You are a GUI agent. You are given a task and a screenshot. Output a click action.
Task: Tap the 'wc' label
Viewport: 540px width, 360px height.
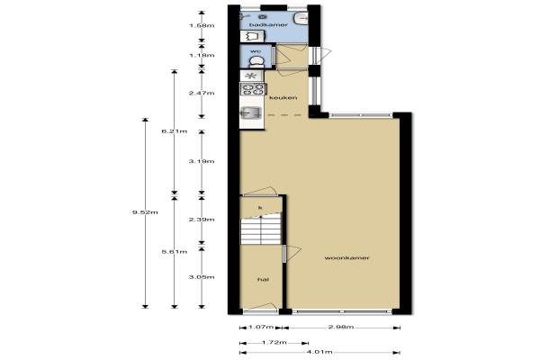coord(256,51)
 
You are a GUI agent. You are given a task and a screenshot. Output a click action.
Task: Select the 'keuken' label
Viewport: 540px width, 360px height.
coord(283,97)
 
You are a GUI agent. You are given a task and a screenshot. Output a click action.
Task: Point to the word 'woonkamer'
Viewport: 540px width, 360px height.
coord(346,257)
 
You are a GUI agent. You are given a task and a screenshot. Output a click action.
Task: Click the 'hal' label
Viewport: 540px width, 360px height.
coord(263,279)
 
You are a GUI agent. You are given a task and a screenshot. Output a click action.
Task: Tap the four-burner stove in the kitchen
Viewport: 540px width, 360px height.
coord(254,89)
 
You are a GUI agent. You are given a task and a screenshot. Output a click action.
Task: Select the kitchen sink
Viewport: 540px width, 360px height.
coord(251,112)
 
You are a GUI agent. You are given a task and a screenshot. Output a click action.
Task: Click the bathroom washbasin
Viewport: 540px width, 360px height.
coord(301,19)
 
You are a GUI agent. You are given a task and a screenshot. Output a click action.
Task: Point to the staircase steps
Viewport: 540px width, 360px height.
coord(261,230)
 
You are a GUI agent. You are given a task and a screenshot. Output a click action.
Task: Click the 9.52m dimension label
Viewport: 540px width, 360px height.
coord(145,212)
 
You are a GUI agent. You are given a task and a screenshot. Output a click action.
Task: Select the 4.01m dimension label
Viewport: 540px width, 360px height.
coord(319,352)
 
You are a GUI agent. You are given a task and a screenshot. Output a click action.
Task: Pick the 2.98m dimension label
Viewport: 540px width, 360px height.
coord(341,327)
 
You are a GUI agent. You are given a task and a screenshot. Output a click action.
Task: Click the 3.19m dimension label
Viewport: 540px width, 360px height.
coord(202,161)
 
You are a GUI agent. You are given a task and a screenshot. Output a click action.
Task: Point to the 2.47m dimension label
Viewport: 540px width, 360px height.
coord(202,93)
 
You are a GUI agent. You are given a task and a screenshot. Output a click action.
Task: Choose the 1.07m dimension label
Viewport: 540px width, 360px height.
coord(261,327)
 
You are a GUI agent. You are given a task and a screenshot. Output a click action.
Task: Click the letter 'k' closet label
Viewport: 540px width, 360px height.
coord(260,207)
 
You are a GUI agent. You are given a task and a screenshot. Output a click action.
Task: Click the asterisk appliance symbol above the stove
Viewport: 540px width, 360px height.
coord(251,76)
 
